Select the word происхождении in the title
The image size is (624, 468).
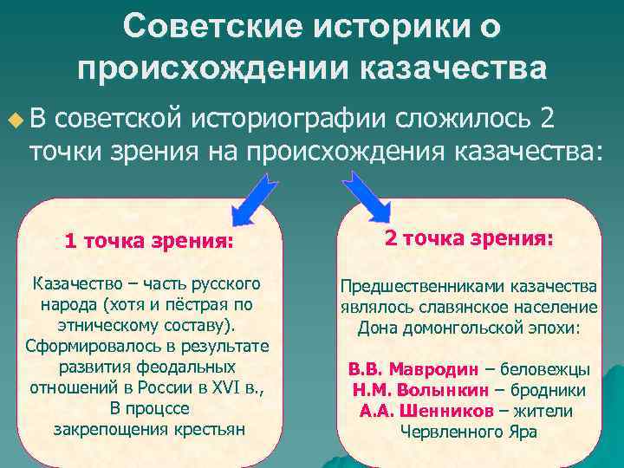coord(211,68)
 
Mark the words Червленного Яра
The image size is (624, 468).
coord(468,432)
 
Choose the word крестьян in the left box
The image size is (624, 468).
coord(207,427)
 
